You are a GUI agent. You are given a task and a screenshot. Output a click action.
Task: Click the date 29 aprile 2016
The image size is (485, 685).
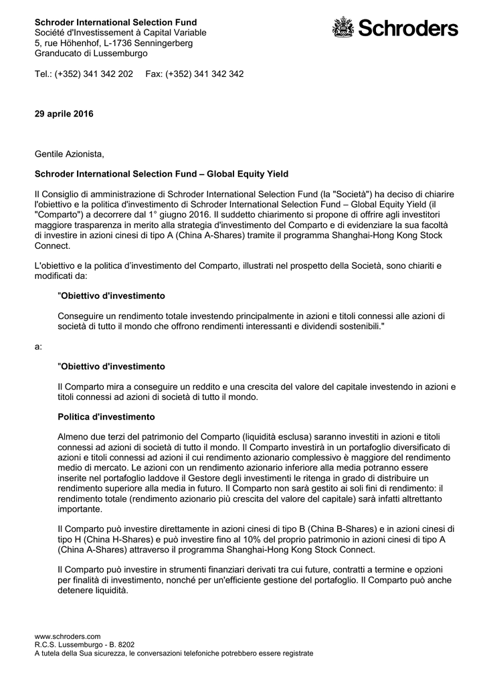coord(64,114)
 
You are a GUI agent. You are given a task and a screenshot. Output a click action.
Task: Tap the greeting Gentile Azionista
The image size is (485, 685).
coord(70,155)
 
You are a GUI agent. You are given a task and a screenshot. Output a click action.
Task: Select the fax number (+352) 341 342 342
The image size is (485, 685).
coord(205,74)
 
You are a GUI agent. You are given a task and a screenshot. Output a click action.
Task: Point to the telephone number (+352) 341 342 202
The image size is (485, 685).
coord(94,74)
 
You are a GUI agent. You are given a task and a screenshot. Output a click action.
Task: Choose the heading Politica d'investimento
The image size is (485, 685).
coord(106,417)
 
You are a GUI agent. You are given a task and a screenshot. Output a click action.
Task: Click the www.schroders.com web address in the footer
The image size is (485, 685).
coord(68,636)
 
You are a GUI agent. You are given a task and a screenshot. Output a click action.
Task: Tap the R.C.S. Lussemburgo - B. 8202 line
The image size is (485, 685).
coord(80,645)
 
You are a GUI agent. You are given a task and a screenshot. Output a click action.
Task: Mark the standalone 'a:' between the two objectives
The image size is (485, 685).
coord(38,347)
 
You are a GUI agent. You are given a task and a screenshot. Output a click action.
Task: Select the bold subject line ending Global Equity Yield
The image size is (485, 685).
coord(161,174)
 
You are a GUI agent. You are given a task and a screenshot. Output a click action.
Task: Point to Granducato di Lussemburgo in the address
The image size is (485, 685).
coord(91,54)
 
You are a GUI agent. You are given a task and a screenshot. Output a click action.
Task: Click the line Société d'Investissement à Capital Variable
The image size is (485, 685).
coord(120,33)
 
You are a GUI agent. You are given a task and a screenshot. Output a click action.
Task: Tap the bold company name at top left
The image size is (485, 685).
coord(116,22)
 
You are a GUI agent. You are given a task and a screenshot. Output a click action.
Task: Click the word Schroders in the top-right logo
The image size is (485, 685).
coord(408,28)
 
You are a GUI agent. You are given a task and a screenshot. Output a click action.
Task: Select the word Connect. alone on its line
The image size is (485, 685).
coord(52,246)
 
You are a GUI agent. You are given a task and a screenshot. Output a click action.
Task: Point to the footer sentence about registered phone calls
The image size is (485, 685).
coord(174,654)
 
